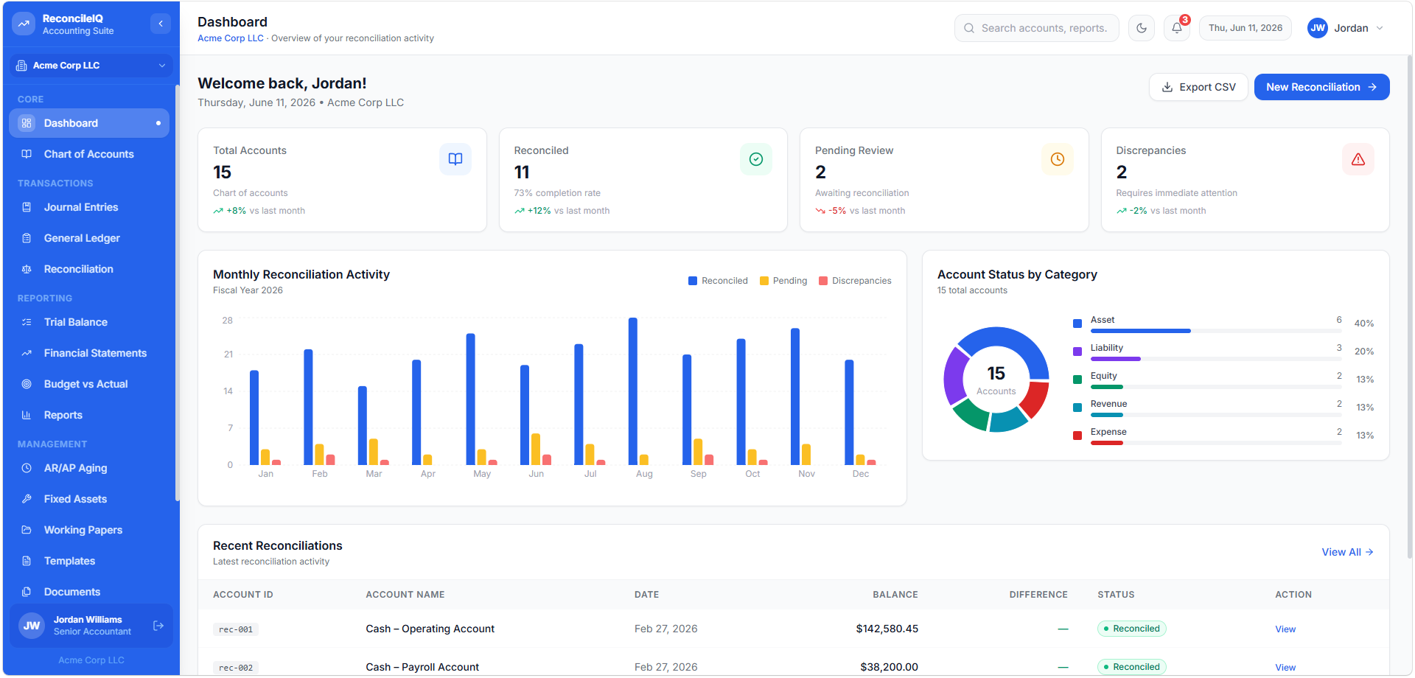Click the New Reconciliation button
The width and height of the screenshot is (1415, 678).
(x=1321, y=87)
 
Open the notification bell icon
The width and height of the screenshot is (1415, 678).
(x=1177, y=28)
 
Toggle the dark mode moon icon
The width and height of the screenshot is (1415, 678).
(x=1142, y=28)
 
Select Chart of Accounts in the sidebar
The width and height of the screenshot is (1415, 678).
(x=89, y=154)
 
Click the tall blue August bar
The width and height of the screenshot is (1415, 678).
(x=633, y=391)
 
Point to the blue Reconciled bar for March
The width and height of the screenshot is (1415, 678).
(x=363, y=425)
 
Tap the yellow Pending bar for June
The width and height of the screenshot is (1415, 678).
(x=536, y=450)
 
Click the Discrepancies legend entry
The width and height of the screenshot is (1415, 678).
(x=855, y=281)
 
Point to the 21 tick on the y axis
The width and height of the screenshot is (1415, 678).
(x=228, y=354)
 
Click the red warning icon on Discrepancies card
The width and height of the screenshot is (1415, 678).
(x=1358, y=159)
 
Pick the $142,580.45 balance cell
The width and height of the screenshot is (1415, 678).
(x=887, y=629)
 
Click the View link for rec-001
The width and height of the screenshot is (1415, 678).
(x=1285, y=629)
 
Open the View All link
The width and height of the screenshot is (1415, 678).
(x=1347, y=552)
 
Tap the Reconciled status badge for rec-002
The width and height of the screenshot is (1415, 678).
(x=1132, y=667)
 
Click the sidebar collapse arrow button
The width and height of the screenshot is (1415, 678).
(x=161, y=24)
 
